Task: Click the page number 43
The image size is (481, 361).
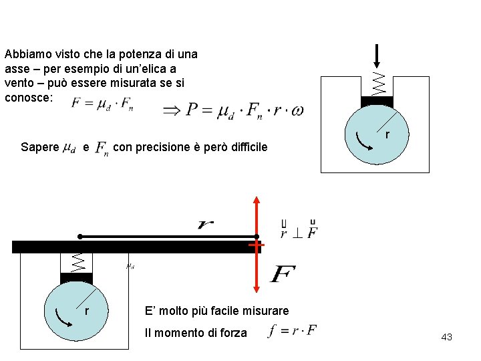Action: point(447,337)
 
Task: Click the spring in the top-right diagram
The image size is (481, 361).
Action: point(378,83)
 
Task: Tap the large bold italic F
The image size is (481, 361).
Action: point(282,274)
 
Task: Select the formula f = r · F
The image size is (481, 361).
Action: point(292,330)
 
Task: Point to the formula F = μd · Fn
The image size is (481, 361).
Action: point(102,104)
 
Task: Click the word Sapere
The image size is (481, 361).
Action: point(39,147)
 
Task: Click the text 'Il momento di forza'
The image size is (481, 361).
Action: point(196,333)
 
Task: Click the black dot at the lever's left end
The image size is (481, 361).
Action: point(79,236)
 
